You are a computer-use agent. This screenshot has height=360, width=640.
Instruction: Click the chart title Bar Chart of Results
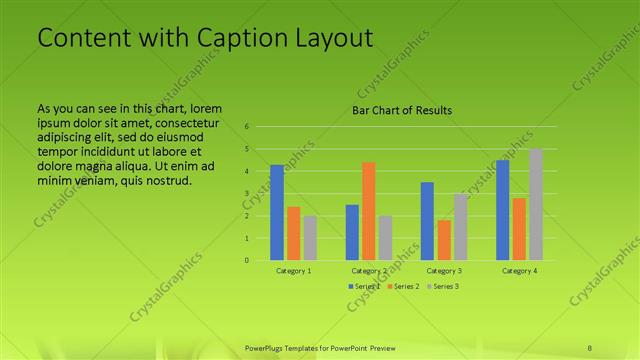[x=402, y=110]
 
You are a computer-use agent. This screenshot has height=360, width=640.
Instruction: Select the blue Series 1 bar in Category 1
[x=277, y=212]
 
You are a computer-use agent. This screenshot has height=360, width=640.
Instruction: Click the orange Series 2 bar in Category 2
[x=369, y=211]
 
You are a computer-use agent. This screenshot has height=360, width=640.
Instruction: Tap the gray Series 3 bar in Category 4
[x=536, y=204]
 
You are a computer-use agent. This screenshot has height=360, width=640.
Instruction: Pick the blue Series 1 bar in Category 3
[x=427, y=221]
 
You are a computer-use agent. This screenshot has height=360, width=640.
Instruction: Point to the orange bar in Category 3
[x=443, y=240]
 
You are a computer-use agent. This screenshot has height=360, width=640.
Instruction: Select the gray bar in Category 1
[x=310, y=238]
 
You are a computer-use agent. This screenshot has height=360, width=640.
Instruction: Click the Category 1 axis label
[x=293, y=271]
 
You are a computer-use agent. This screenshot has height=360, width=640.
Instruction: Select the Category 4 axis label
[x=519, y=271]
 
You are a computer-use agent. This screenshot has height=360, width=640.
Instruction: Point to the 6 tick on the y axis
[x=247, y=127]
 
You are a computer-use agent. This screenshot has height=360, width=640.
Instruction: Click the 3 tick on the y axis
[x=247, y=193]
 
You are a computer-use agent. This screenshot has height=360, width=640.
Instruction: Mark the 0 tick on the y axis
[x=247, y=260]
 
